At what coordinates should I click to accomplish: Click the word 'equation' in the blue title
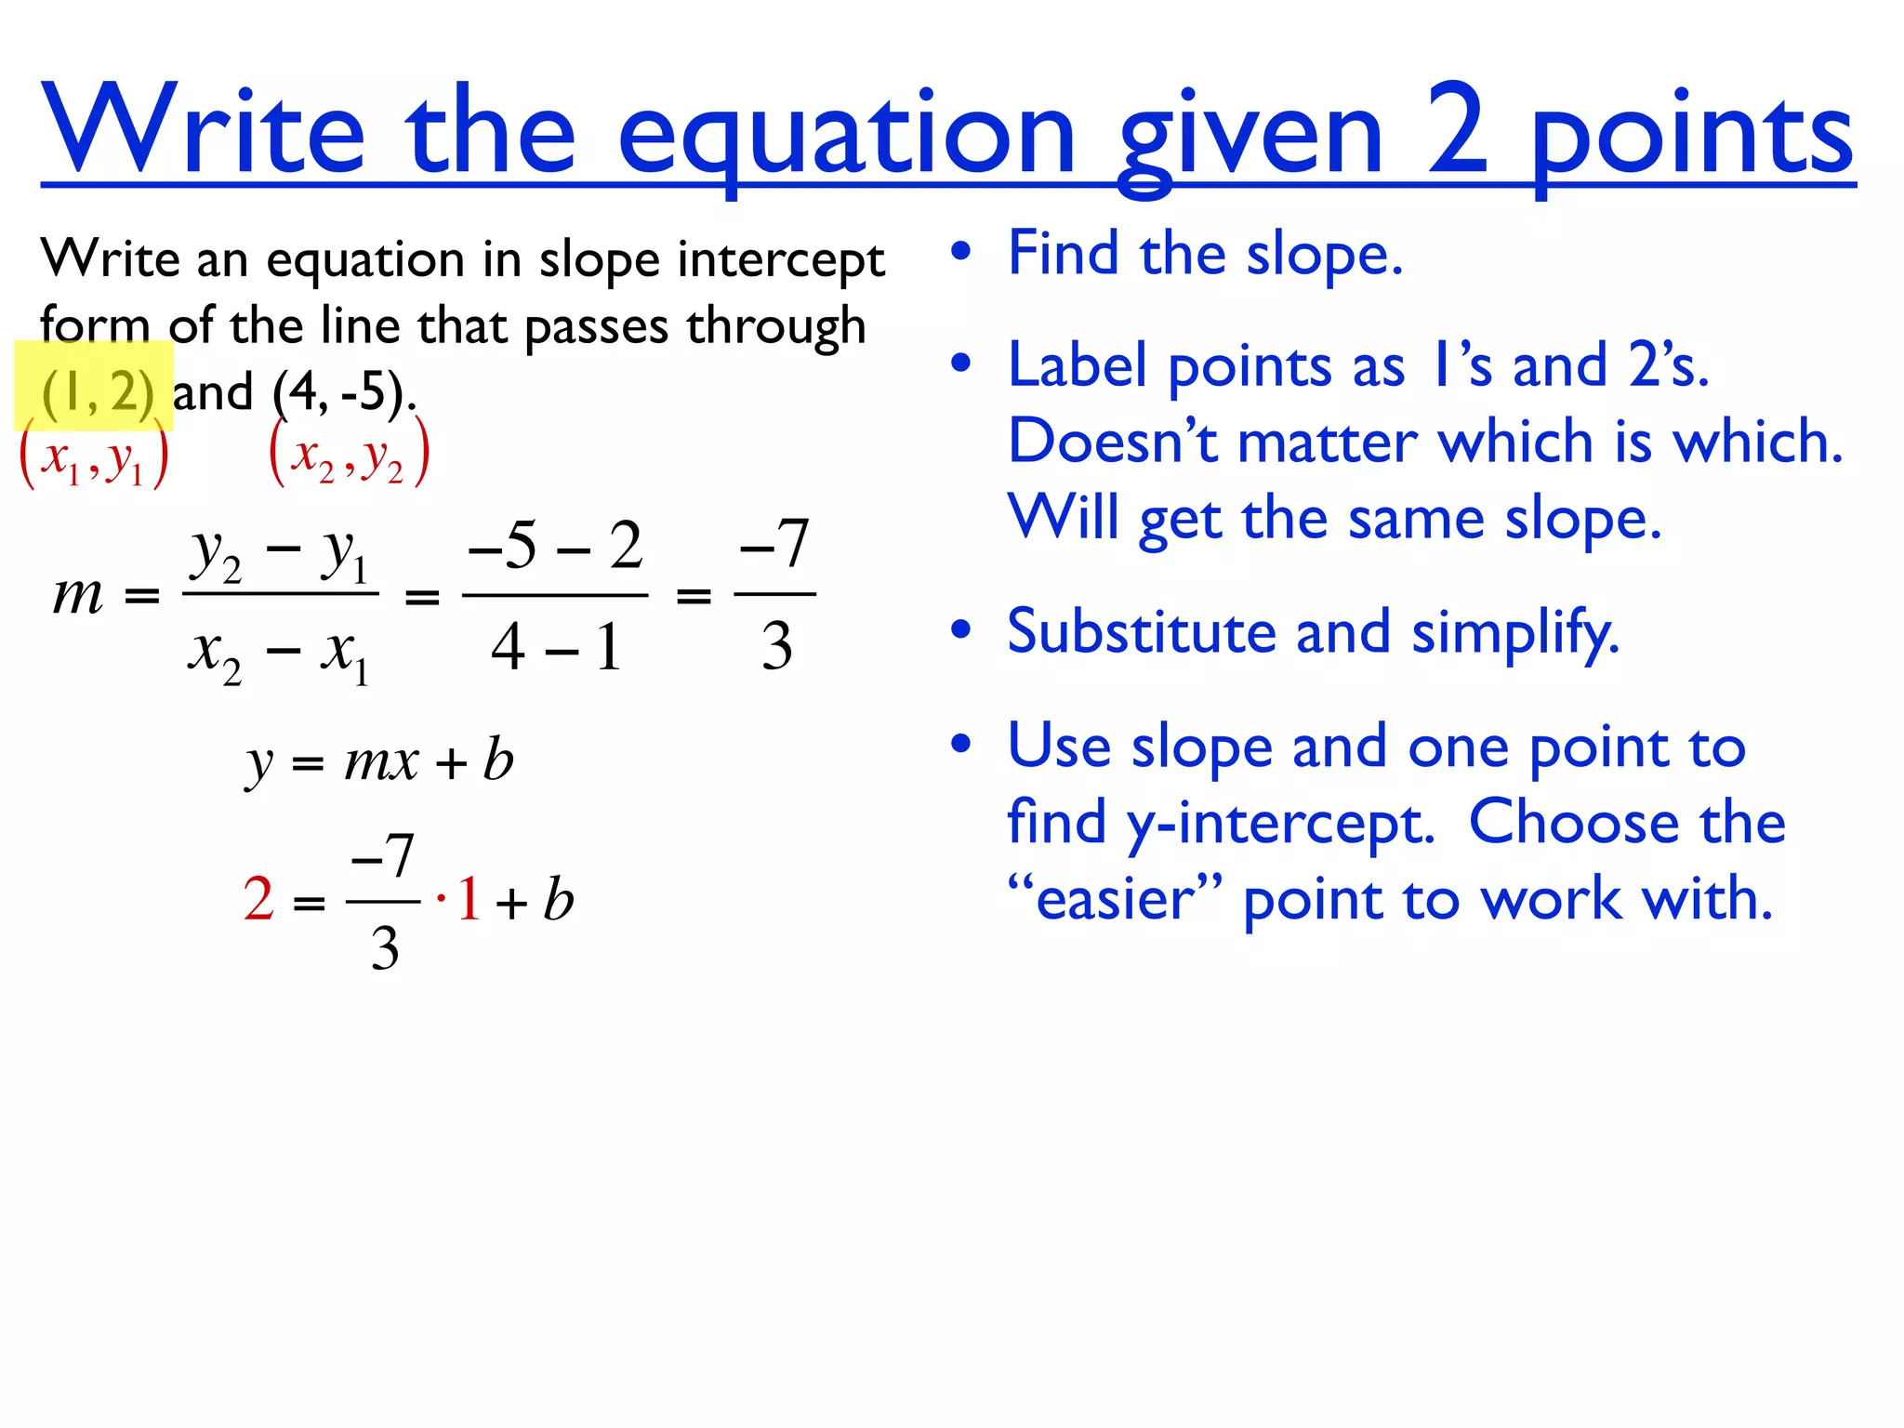[x=846, y=135]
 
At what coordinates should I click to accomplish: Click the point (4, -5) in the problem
[x=342, y=392]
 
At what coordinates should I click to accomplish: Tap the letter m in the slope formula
[x=78, y=594]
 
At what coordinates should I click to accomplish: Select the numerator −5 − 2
[x=555, y=545]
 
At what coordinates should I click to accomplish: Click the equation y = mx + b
[x=379, y=761]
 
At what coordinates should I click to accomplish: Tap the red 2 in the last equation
[x=258, y=899]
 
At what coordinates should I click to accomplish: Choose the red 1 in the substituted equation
[x=469, y=899]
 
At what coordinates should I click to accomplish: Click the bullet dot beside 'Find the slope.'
[x=961, y=252]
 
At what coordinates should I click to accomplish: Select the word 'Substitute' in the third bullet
[x=1143, y=632]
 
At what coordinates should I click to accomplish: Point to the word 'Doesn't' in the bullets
[x=1113, y=441]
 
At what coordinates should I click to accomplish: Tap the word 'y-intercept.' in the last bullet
[x=1280, y=824]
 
